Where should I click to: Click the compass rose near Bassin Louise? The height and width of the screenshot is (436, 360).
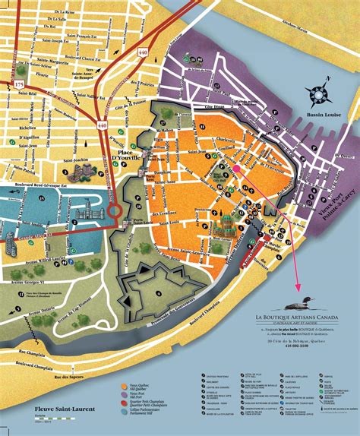(x=319, y=94)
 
